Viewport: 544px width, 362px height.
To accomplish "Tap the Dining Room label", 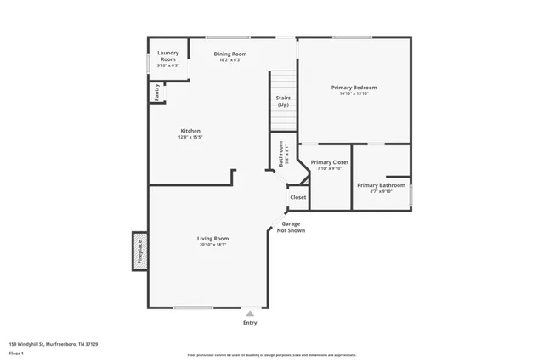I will [x=230, y=54].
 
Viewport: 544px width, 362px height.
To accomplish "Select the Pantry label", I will [x=157, y=91].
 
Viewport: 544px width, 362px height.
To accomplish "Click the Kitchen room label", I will [x=190, y=131].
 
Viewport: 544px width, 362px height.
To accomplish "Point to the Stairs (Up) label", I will [x=283, y=101].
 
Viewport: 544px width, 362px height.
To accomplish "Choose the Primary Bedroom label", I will [x=353, y=88].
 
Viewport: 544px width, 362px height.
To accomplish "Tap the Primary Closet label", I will [x=330, y=161].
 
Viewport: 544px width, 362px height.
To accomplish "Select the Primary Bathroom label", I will [x=381, y=185].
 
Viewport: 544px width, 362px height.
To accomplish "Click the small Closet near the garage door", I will [x=298, y=197].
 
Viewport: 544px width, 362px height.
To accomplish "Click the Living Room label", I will [x=213, y=239].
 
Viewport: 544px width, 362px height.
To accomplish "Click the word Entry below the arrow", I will [x=250, y=323].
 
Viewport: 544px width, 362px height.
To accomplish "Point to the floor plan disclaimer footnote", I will [x=271, y=354].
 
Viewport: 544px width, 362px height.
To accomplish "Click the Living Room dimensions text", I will [x=213, y=245].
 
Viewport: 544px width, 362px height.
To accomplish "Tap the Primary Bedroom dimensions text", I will [x=353, y=93].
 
